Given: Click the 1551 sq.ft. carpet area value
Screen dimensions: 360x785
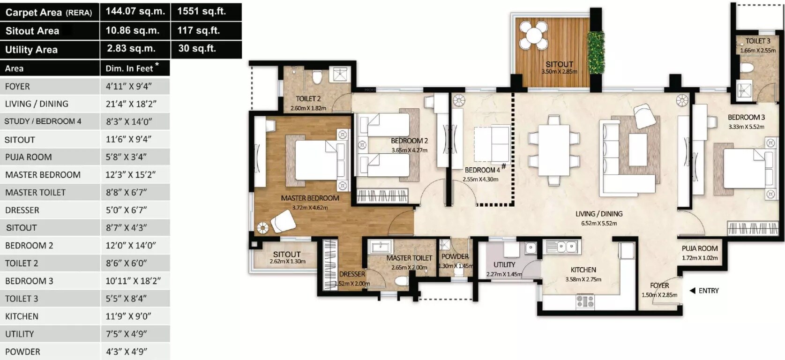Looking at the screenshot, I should [202, 12].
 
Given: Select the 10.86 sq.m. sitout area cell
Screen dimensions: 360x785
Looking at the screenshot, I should [132, 30].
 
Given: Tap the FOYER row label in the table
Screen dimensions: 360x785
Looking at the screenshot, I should [17, 86].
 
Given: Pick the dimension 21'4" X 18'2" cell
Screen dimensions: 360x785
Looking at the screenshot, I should [131, 104].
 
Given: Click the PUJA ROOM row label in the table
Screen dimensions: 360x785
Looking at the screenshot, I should [28, 157].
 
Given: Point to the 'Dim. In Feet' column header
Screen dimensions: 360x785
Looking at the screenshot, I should [129, 68].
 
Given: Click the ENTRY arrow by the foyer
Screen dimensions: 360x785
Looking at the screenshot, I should [692, 291].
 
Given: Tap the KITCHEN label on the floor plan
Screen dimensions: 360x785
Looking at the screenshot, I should [583, 270].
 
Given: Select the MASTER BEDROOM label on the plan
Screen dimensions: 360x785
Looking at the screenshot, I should [310, 198].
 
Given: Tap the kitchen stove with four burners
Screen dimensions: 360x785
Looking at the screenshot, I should [584, 301].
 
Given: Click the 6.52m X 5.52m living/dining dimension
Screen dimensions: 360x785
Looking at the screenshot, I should [599, 224].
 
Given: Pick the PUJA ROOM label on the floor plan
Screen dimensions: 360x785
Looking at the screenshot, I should [699, 248].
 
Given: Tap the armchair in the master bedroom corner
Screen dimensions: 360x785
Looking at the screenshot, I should [283, 221].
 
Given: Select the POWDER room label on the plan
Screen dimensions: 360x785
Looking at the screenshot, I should [455, 256].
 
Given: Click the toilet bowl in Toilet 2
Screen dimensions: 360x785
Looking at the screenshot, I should [316, 76].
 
